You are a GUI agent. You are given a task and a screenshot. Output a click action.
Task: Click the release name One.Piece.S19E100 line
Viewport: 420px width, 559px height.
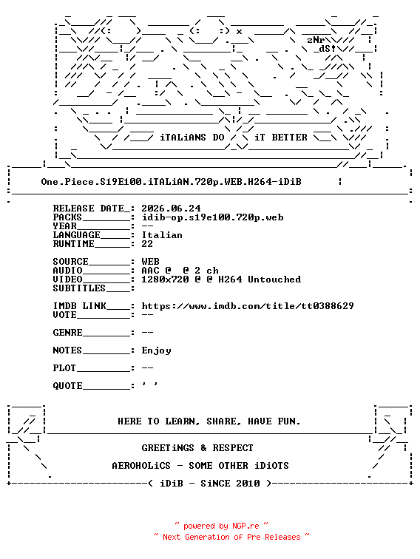point(171,182)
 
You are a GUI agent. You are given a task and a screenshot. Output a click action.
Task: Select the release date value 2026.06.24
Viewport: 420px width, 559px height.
point(171,209)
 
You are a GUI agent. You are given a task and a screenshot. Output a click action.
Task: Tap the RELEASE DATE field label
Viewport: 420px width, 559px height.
point(89,209)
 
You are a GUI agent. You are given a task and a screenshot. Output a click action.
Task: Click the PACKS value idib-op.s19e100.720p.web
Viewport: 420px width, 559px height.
point(212,217)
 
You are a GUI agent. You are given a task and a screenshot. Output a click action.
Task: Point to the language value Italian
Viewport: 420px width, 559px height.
point(162,235)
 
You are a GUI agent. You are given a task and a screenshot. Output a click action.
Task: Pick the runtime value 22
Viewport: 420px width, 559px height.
point(147,244)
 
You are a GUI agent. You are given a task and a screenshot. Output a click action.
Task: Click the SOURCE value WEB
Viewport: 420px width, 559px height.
point(150,262)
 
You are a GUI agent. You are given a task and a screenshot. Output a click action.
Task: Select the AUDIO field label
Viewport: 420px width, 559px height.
point(68,271)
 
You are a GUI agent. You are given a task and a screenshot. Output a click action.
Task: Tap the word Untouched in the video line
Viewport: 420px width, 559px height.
point(274,279)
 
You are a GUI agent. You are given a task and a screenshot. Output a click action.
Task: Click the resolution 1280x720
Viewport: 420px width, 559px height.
point(165,279)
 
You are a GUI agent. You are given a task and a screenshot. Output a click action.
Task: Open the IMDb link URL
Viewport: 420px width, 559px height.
point(248,306)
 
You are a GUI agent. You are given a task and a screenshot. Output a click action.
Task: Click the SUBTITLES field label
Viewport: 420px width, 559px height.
point(79,288)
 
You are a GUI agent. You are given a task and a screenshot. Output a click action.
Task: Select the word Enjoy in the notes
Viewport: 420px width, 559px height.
point(156,350)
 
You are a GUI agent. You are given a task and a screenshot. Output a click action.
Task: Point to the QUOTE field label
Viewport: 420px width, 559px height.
point(68,386)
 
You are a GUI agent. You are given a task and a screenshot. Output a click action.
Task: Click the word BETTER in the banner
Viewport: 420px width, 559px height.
point(289,138)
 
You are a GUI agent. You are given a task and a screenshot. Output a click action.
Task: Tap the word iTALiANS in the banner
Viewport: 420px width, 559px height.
point(183,138)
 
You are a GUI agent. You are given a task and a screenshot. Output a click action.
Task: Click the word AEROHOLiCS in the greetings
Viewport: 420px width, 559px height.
point(141,466)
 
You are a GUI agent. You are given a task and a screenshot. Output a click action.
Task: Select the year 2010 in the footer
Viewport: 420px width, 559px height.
point(248,484)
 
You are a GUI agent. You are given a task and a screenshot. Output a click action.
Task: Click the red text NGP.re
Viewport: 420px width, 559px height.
point(245,526)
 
